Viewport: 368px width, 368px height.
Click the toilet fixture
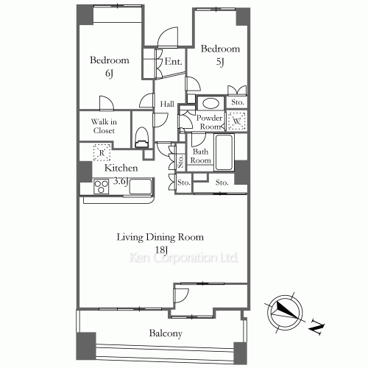tap(142, 137)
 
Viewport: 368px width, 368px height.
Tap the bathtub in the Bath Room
tap(224, 152)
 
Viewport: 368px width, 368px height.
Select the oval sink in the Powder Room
tap(211, 103)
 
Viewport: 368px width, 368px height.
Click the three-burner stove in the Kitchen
tap(101, 186)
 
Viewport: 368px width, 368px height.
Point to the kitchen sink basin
tap(141, 186)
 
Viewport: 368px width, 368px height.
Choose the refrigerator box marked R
tap(102, 152)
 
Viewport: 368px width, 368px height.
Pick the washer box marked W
tap(236, 121)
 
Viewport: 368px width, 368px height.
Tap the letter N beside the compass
tap(316, 327)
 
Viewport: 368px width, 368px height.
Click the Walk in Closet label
tap(104, 126)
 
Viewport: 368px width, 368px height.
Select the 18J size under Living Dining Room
tap(161, 250)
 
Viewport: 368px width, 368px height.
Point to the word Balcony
tap(166, 333)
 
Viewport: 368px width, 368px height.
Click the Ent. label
tap(173, 61)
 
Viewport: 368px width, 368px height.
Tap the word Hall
tap(167, 104)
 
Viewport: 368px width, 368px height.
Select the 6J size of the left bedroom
tap(109, 74)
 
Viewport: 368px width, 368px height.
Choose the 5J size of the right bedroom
tap(220, 62)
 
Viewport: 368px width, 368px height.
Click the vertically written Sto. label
tap(180, 161)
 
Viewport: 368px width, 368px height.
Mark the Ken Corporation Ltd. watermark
tap(184, 258)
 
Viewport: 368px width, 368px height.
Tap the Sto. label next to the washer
tap(238, 102)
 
